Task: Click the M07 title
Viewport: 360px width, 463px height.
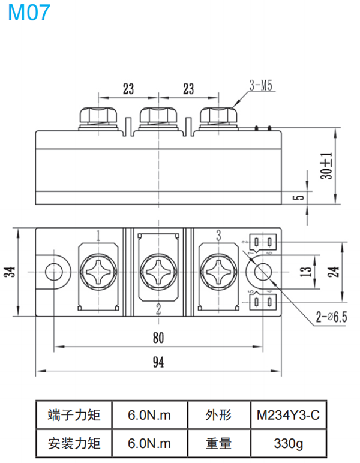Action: pyautogui.click(x=29, y=13)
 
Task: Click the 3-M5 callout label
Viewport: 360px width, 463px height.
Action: pyautogui.click(x=260, y=86)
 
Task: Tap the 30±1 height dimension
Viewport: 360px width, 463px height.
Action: pyautogui.click(x=326, y=166)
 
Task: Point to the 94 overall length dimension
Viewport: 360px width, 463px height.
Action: pyautogui.click(x=157, y=362)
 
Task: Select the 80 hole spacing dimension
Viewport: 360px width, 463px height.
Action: pyautogui.click(x=157, y=338)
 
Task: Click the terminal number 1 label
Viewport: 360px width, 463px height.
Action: pyautogui.click(x=97, y=234)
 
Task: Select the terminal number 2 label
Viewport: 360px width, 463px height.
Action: pyautogui.click(x=158, y=309)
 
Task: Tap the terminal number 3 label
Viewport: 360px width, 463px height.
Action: pyautogui.click(x=218, y=234)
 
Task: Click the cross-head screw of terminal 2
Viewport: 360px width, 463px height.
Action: pyautogui.click(x=158, y=271)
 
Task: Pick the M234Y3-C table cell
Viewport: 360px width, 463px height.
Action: pyautogui.click(x=288, y=414)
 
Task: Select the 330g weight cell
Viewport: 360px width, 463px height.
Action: pyautogui.click(x=288, y=444)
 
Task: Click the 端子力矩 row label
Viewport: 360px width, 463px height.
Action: pyautogui.click(x=74, y=414)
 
